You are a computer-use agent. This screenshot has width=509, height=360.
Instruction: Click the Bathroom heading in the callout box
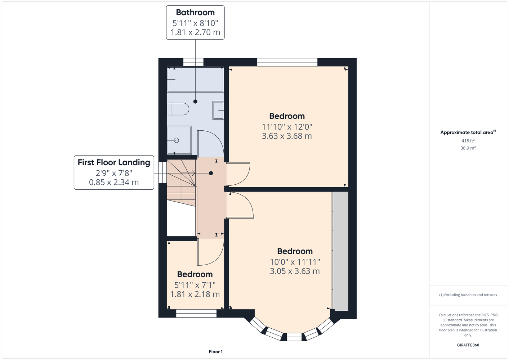(195, 12)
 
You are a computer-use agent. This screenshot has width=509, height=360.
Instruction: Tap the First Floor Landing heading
(114, 162)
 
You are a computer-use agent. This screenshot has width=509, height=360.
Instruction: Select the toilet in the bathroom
(178, 109)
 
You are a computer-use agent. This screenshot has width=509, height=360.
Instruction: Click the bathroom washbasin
(218, 111)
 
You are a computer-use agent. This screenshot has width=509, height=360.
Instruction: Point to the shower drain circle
(177, 140)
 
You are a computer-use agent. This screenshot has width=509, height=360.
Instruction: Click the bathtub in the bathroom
(195, 79)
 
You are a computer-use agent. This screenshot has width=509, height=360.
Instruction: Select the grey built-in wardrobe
(340, 251)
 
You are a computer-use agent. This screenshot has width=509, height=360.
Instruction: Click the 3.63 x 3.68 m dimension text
(287, 136)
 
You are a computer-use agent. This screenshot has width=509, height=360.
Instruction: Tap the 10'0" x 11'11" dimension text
(295, 262)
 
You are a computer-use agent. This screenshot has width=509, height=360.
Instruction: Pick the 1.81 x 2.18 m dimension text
(195, 294)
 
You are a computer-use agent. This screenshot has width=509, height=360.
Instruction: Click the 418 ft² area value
(468, 141)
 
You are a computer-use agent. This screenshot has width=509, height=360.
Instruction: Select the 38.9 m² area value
(468, 148)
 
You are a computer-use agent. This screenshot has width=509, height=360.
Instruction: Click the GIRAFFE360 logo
(468, 345)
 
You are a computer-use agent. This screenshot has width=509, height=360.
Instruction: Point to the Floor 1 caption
(216, 352)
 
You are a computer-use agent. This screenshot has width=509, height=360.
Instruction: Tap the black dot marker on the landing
(211, 173)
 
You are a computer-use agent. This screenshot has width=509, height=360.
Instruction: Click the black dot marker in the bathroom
(195, 102)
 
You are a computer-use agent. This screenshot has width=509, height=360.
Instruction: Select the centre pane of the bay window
(294, 337)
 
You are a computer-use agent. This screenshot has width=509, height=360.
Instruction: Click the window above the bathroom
(193, 62)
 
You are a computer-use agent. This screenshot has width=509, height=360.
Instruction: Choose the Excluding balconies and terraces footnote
(468, 295)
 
